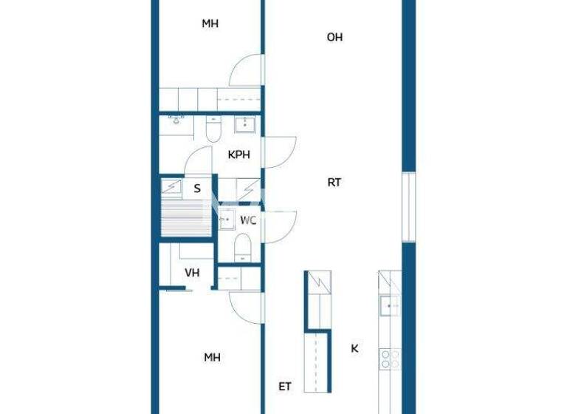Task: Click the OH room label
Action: (334, 37)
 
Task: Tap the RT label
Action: (334, 182)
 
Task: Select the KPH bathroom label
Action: (238, 155)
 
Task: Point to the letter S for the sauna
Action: (197, 189)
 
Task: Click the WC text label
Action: (248, 220)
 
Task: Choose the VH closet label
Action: (192, 273)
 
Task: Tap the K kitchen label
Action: (354, 347)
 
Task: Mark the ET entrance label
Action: (284, 386)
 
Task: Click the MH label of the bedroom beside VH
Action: (213, 357)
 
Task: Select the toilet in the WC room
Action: (243, 248)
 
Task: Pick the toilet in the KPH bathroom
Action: (213, 132)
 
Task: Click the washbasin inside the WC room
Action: (227, 220)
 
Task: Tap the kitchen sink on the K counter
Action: (388, 305)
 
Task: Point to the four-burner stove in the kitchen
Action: (389, 359)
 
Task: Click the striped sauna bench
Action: (180, 219)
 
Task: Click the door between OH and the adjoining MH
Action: (247, 72)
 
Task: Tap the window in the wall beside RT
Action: (408, 206)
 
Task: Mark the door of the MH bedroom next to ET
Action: (246, 305)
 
